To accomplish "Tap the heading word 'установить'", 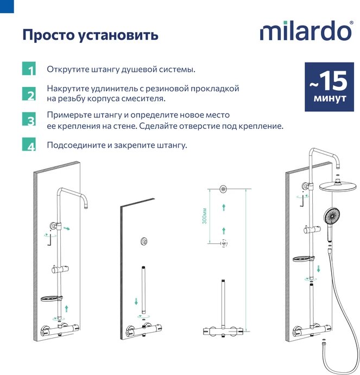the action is click(118, 35).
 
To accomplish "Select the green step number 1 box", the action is click(29, 68).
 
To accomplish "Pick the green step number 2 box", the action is click(29, 93).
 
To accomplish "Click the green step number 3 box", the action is click(29, 119).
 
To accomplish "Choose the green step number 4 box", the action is click(29, 144).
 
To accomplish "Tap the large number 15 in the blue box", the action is click(333, 81).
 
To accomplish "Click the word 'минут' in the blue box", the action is click(330, 98).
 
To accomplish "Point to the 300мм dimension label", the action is click(205, 216).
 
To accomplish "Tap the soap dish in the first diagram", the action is click(52, 298).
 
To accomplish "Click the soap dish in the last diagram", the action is click(304, 259).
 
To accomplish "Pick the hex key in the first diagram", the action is click(49, 239).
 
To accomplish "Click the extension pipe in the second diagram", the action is click(143, 290).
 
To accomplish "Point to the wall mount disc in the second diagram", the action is click(144, 241).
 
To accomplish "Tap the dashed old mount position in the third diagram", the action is click(224, 243).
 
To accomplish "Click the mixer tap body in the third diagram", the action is click(223, 332).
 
